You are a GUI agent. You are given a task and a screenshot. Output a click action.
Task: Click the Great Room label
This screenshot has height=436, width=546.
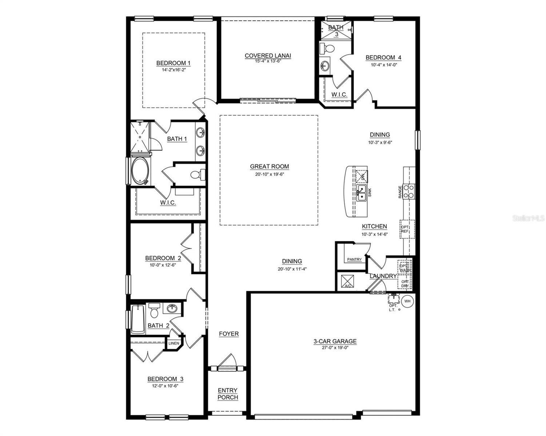(x=269, y=166)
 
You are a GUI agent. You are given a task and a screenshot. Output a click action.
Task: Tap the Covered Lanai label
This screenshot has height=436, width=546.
(x=268, y=56)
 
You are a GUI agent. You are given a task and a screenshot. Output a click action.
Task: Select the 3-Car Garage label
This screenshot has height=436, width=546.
(x=335, y=341)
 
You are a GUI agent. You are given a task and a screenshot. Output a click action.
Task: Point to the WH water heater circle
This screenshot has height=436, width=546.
(x=407, y=301)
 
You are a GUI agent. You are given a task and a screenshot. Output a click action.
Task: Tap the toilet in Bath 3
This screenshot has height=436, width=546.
(x=328, y=48)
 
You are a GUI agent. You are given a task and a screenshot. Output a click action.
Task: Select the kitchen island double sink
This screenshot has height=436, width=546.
(x=361, y=193)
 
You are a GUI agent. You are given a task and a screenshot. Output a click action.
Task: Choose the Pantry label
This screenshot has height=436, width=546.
(x=354, y=259)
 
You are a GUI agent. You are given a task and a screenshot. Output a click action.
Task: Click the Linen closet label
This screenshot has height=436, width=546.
(x=174, y=343)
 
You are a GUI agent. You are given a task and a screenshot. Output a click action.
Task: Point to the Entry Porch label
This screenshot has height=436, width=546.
(x=228, y=394)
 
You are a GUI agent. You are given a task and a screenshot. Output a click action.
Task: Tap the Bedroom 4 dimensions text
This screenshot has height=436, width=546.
(x=383, y=65)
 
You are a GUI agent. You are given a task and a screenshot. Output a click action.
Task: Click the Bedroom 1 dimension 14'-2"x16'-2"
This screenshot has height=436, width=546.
(x=174, y=70)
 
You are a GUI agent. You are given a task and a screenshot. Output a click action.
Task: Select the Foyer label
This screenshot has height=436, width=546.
(x=229, y=334)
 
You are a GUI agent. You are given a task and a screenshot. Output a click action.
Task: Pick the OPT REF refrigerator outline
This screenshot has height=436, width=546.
(x=407, y=229)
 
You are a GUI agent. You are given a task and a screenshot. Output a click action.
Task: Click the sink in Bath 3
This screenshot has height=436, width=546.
(x=324, y=66)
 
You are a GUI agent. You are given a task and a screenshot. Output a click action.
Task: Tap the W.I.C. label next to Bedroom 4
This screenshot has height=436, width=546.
(x=339, y=94)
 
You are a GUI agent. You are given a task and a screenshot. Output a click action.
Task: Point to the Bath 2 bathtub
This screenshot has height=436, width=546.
(x=138, y=319)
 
